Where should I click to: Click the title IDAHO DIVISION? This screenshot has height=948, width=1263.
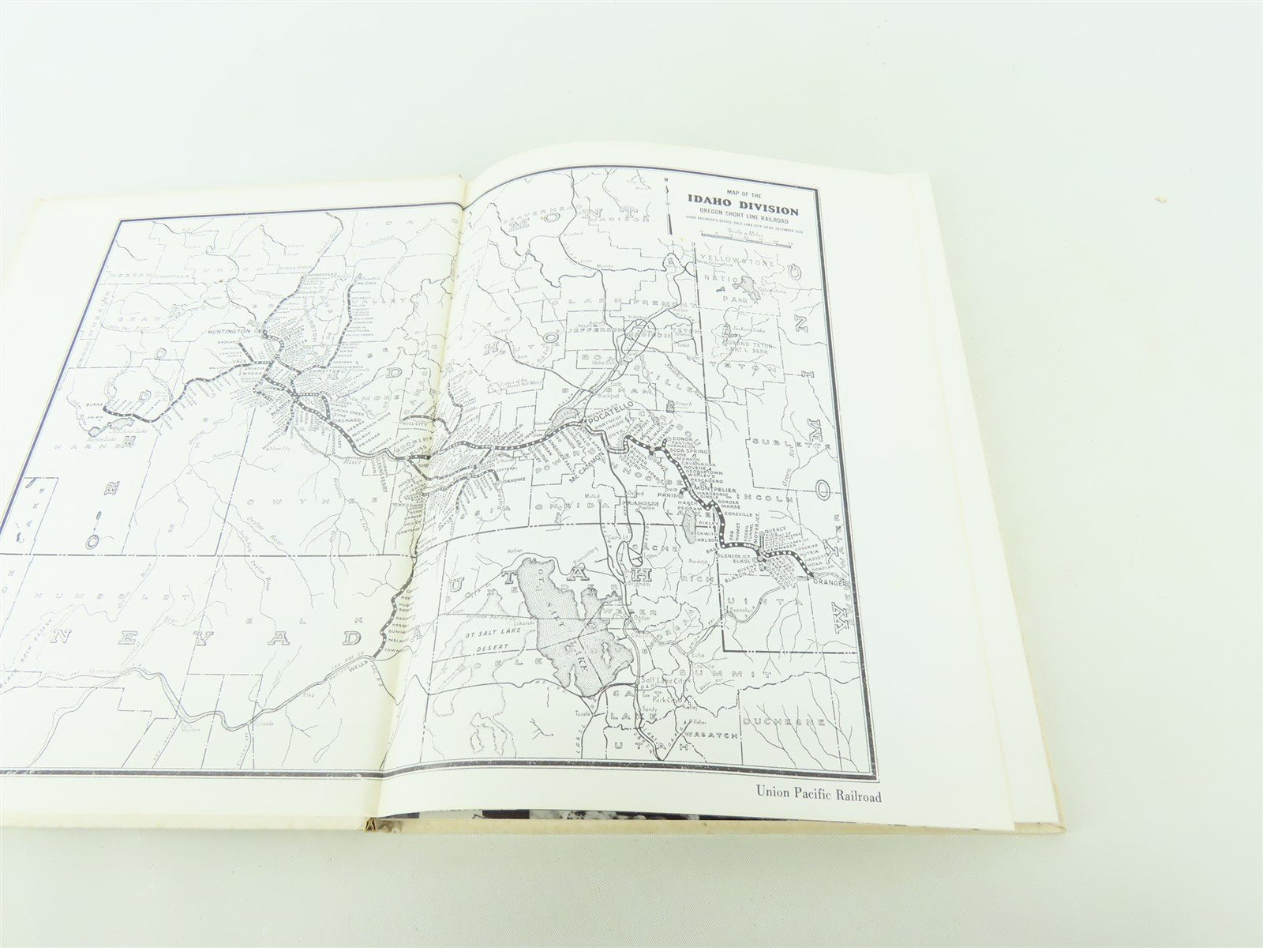(x=742, y=210)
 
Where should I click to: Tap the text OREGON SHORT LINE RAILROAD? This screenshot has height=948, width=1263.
(x=742, y=222)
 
